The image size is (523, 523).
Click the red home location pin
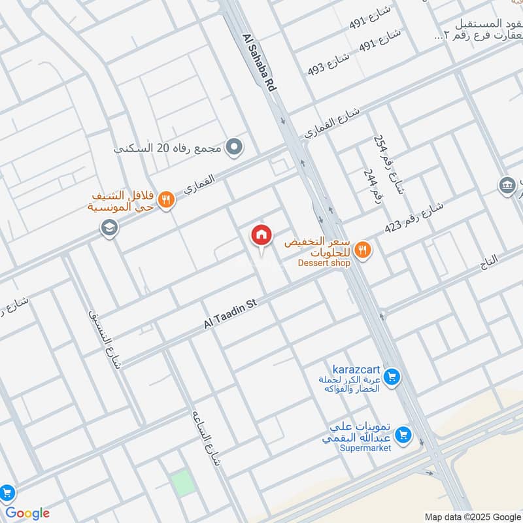tap(261, 235)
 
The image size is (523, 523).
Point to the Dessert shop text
tap(324, 263)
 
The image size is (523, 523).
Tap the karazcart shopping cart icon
tap(392, 377)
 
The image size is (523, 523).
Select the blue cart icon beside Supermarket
tap(404, 433)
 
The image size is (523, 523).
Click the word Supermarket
tap(365, 448)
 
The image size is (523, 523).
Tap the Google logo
tap(27, 513)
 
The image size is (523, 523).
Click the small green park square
tap(183, 482)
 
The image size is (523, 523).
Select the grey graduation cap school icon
tap(107, 229)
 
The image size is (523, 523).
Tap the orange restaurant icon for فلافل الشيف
tap(167, 201)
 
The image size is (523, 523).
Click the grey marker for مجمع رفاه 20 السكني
tap(234, 147)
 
